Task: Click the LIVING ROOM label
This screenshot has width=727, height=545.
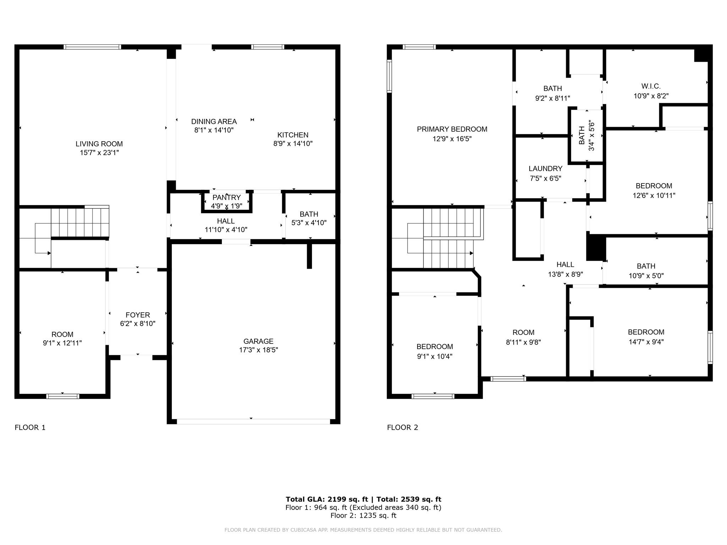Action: click(99, 144)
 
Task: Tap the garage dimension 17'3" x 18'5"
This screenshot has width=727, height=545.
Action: click(258, 350)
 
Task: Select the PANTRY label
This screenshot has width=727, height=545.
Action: click(226, 197)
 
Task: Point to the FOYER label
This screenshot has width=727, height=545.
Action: click(138, 315)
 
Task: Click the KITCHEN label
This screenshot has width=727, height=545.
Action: click(293, 135)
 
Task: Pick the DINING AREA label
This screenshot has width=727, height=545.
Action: click(214, 121)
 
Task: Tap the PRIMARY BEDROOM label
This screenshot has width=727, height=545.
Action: click(452, 129)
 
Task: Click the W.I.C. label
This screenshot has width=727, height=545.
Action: click(651, 86)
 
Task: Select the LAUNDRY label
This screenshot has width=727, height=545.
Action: click(545, 169)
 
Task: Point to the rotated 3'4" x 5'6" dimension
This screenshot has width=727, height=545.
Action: click(591, 135)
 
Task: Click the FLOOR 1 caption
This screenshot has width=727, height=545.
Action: click(30, 428)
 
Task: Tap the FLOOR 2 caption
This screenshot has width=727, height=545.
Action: click(403, 428)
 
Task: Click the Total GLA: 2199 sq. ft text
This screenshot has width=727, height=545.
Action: click(327, 499)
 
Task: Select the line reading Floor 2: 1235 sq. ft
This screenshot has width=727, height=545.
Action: click(363, 516)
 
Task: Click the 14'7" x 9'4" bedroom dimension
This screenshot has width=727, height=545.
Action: click(646, 342)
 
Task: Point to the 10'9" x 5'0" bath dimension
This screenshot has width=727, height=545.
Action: click(646, 276)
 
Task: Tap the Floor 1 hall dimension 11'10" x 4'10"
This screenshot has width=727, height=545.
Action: click(226, 230)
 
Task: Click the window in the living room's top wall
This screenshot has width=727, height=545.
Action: click(92, 47)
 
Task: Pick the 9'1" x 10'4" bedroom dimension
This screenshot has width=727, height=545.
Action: click(434, 357)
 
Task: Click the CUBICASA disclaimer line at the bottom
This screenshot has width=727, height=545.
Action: click(363, 530)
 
